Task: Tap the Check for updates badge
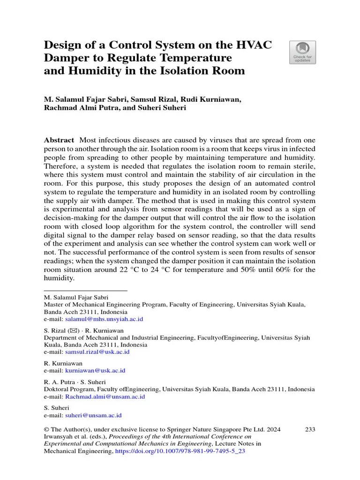click(x=302, y=52)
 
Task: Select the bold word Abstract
click(x=59, y=140)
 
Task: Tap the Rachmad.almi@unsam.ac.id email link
click(x=105, y=397)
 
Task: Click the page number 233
click(x=310, y=429)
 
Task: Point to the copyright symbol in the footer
click(x=46, y=429)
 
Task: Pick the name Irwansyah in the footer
click(x=60, y=436)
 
